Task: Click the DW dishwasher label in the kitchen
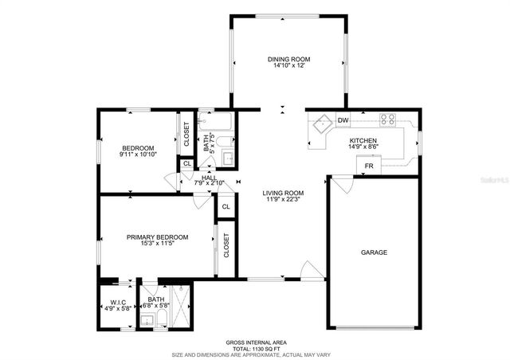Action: point(343,121)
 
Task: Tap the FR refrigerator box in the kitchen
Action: point(368,166)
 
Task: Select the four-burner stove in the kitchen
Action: point(388,120)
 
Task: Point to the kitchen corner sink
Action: point(323,125)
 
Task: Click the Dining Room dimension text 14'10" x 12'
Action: point(288,66)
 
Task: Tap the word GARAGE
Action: point(374,252)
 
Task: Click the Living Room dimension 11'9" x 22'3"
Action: point(284,200)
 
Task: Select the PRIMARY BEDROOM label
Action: point(157,237)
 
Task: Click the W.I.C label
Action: point(118,302)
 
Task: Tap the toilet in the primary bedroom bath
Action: point(161,319)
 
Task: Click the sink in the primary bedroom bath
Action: point(146,319)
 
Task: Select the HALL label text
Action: point(209,177)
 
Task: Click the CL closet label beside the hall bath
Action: point(186,164)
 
